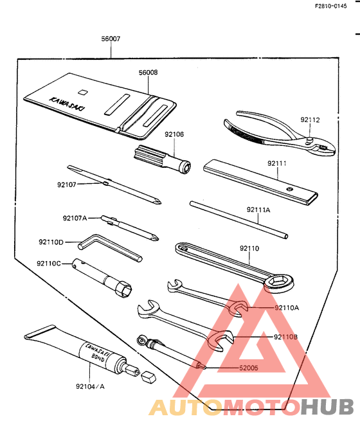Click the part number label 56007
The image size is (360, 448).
[x=111, y=39]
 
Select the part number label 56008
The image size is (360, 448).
[x=148, y=73]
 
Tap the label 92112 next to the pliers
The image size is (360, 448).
[x=309, y=120]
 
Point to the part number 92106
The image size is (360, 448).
[x=174, y=134]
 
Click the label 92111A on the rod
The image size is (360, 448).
[x=258, y=210]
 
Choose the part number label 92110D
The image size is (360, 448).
[x=51, y=242]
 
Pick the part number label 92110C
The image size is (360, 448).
[x=49, y=263]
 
